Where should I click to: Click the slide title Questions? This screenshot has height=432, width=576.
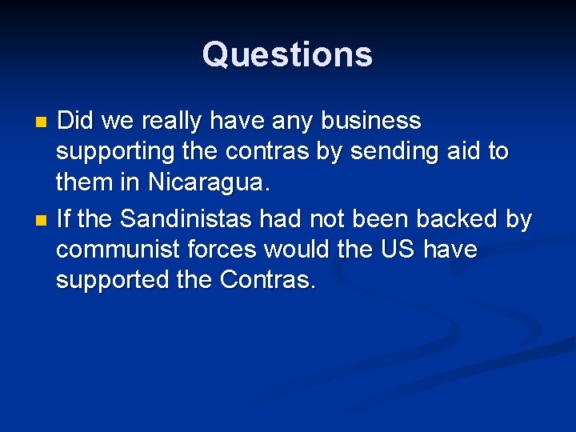tap(287, 54)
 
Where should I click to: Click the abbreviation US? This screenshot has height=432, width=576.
tap(398, 250)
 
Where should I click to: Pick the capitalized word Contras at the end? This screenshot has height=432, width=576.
tap(267, 280)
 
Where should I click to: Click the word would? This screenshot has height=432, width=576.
tap(296, 250)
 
